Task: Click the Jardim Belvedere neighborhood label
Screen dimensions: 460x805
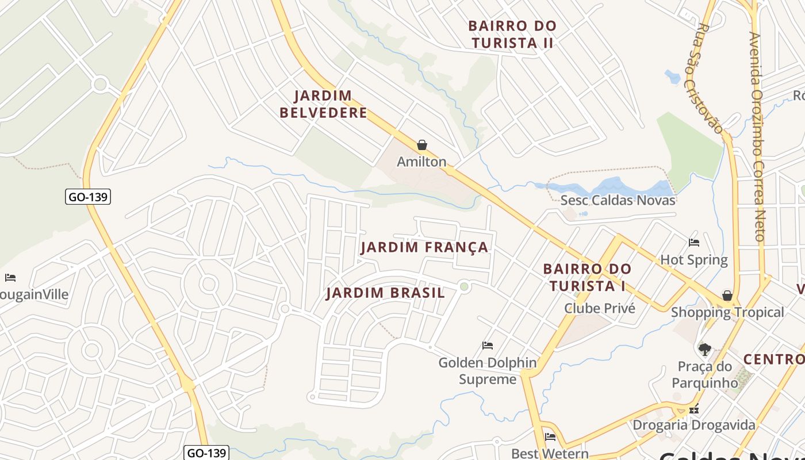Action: click(x=323, y=104)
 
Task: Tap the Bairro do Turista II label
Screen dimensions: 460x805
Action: click(x=512, y=34)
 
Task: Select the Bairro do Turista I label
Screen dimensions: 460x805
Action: click(x=586, y=277)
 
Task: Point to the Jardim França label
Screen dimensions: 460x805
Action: click(x=424, y=248)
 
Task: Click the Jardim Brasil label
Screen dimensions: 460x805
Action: click(x=385, y=293)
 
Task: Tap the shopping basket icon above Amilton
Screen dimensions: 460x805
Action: click(x=422, y=145)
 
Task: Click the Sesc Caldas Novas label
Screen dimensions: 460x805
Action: click(x=618, y=201)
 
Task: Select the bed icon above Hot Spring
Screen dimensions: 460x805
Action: click(x=694, y=243)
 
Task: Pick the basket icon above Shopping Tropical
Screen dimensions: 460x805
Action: click(x=727, y=296)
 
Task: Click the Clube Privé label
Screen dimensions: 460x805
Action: click(x=600, y=308)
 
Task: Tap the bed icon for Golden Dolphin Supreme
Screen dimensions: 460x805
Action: click(x=488, y=346)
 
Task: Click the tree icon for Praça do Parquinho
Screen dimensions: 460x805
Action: click(x=704, y=349)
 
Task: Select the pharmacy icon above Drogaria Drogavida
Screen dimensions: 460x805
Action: click(x=694, y=410)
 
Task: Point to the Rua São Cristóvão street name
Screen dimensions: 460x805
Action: click(x=703, y=78)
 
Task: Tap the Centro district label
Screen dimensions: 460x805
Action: click(x=773, y=359)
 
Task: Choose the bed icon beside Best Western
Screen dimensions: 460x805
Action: click(x=550, y=437)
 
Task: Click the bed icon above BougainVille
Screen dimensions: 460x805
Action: click(x=10, y=278)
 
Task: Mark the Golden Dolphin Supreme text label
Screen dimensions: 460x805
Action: click(x=487, y=371)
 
